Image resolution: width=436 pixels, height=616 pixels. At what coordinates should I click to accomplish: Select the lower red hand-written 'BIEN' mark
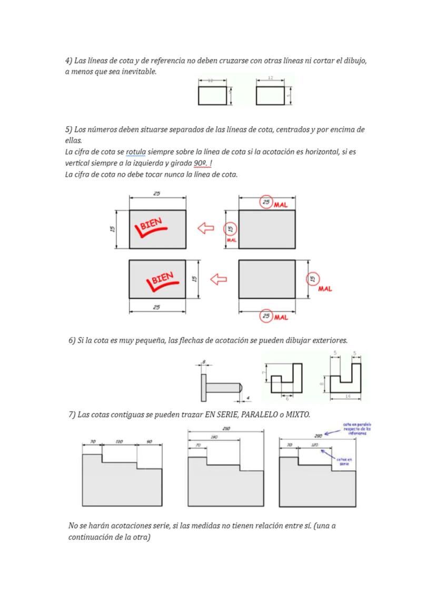click(x=161, y=281)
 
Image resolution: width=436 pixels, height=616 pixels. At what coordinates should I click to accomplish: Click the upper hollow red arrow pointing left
click(x=206, y=228)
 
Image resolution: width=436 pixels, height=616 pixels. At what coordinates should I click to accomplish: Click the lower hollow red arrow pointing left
click(x=218, y=279)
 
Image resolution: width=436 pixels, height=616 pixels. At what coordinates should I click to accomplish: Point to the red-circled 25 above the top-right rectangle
click(x=266, y=203)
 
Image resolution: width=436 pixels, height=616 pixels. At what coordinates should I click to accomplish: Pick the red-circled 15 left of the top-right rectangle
click(x=230, y=229)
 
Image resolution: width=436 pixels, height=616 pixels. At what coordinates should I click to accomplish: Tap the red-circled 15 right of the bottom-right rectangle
click(x=313, y=279)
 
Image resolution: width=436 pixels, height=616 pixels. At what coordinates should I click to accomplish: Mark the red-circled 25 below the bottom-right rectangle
click(x=267, y=316)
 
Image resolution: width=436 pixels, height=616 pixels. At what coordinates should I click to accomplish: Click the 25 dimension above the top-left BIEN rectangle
click(x=157, y=194)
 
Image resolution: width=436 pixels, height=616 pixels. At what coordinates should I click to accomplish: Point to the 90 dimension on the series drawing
click(x=149, y=442)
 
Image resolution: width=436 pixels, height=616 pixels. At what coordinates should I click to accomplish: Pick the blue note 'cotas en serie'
click(x=345, y=461)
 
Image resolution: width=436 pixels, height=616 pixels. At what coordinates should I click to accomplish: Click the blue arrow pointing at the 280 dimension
click(x=331, y=433)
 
